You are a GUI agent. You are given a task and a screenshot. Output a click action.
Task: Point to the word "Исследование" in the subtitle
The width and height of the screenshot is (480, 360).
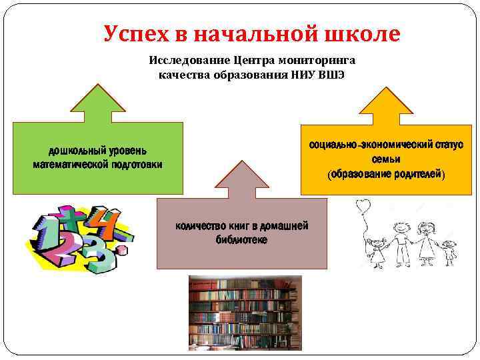point(186,60)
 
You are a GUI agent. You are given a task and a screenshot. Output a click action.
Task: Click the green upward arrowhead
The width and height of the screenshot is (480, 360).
point(98,100)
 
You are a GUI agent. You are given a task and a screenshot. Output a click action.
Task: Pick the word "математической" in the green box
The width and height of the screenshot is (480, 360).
point(75,164)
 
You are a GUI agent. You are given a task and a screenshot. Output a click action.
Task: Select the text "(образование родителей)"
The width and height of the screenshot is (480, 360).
point(385,174)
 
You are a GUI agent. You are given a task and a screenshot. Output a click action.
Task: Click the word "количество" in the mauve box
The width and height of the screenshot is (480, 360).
point(202,226)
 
